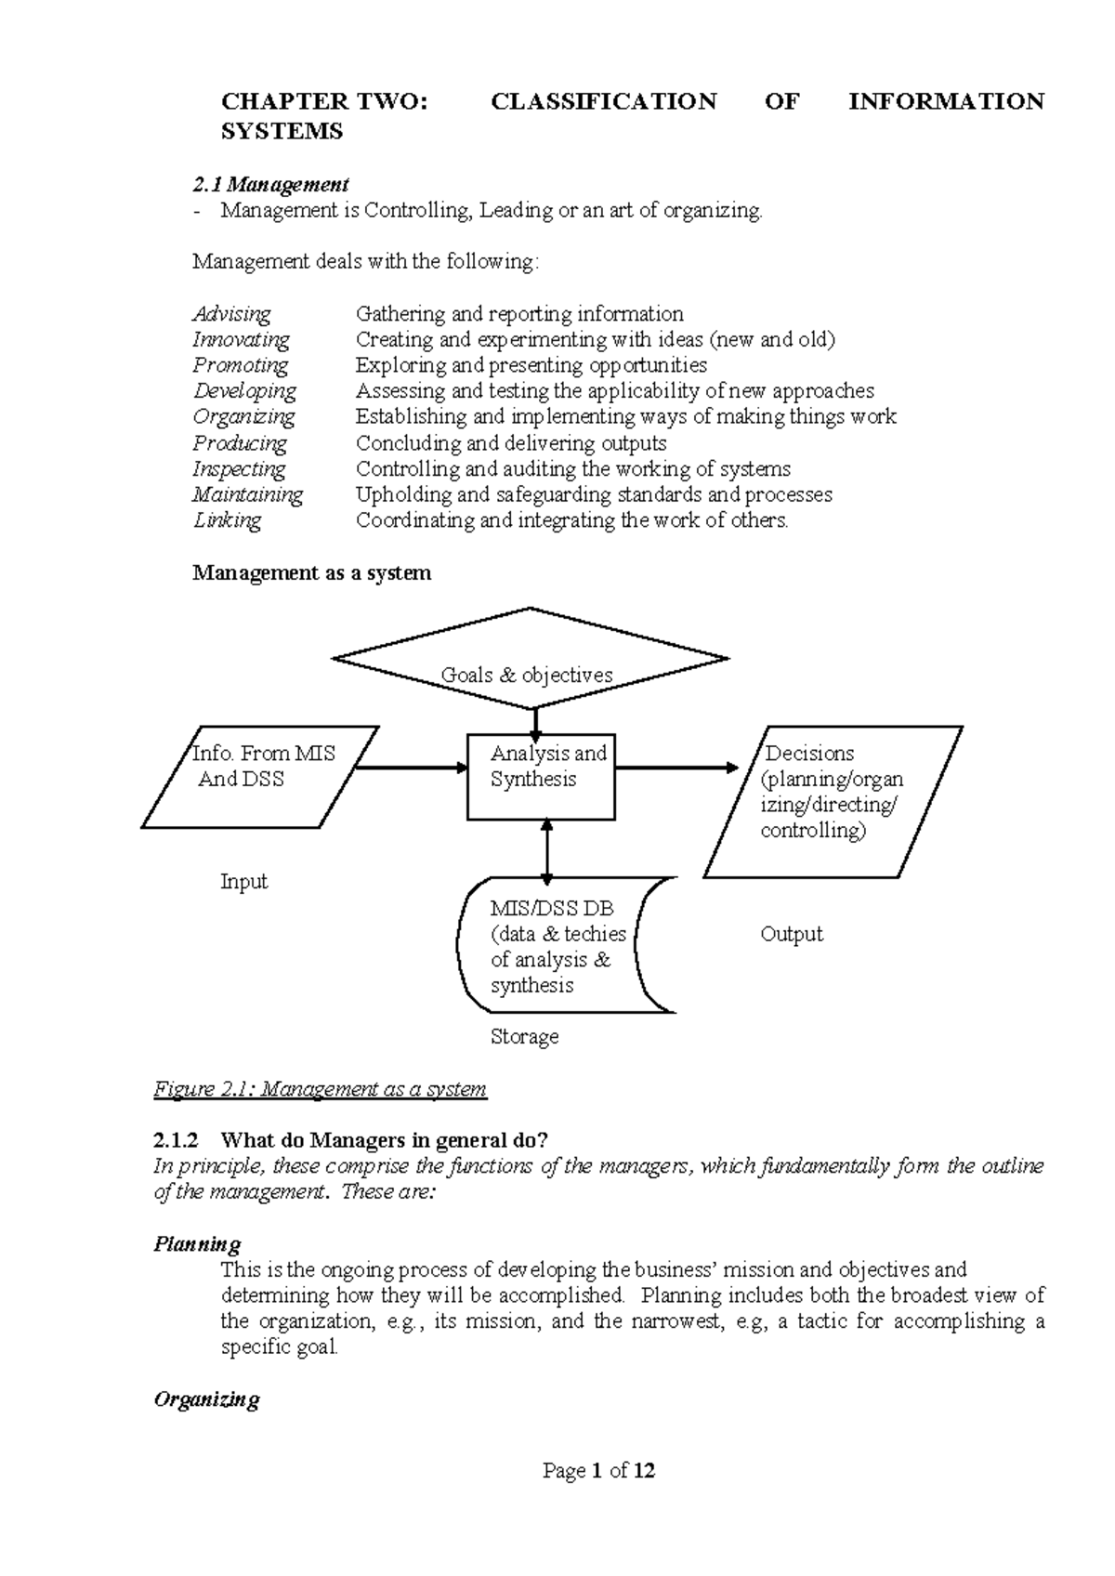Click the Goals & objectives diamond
pyautogui.click(x=530, y=660)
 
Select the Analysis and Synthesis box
pyautogui.click(x=541, y=776)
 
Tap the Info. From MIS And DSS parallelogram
pyautogui.click(x=260, y=776)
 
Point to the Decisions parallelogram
pyautogui.click(x=832, y=801)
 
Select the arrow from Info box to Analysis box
pyautogui.click(x=412, y=768)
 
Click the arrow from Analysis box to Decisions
pyautogui.click(x=676, y=768)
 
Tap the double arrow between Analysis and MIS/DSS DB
pyautogui.click(x=546, y=850)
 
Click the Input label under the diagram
pyautogui.click(x=243, y=882)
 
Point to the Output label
pyautogui.click(x=791, y=934)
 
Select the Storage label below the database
pyautogui.click(x=524, y=1036)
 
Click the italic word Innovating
pyautogui.click(x=241, y=340)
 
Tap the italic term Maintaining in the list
pyautogui.click(x=247, y=494)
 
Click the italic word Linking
pyautogui.click(x=227, y=520)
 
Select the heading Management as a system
pyautogui.click(x=311, y=572)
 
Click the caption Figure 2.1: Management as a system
pyautogui.click(x=320, y=1089)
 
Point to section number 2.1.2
pyautogui.click(x=175, y=1140)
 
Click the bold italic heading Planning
pyautogui.click(x=196, y=1244)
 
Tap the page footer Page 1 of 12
pyautogui.click(x=599, y=1470)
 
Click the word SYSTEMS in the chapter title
pyautogui.click(x=282, y=132)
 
